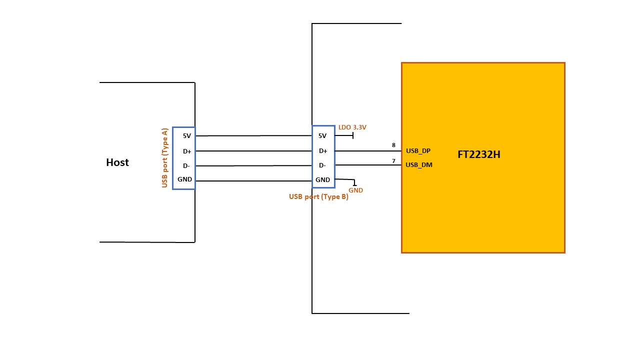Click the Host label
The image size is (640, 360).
[x=117, y=162]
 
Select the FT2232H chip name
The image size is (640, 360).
[x=478, y=154]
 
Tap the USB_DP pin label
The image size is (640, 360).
[x=418, y=150]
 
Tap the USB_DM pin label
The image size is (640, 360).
[x=419, y=164]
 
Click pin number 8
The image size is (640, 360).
[x=393, y=145]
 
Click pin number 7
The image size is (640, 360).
[x=393, y=161]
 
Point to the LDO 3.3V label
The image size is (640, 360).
[x=352, y=127]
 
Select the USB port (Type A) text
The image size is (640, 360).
[x=164, y=158]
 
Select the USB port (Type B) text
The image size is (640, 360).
[x=318, y=196]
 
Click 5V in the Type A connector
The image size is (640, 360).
[x=187, y=135]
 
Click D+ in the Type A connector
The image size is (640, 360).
[x=187, y=151]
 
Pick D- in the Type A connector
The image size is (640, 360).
[x=186, y=165]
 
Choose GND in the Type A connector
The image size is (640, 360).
[x=184, y=179]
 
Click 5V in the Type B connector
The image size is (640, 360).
[x=322, y=135]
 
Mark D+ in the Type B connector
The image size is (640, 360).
[x=322, y=151]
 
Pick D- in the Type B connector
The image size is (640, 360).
[x=322, y=165]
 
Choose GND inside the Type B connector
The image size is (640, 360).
[x=322, y=179]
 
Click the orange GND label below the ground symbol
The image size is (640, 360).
[x=355, y=190]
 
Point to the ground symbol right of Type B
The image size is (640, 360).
[x=354, y=183]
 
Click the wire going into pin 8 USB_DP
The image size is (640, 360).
[x=367, y=151]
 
